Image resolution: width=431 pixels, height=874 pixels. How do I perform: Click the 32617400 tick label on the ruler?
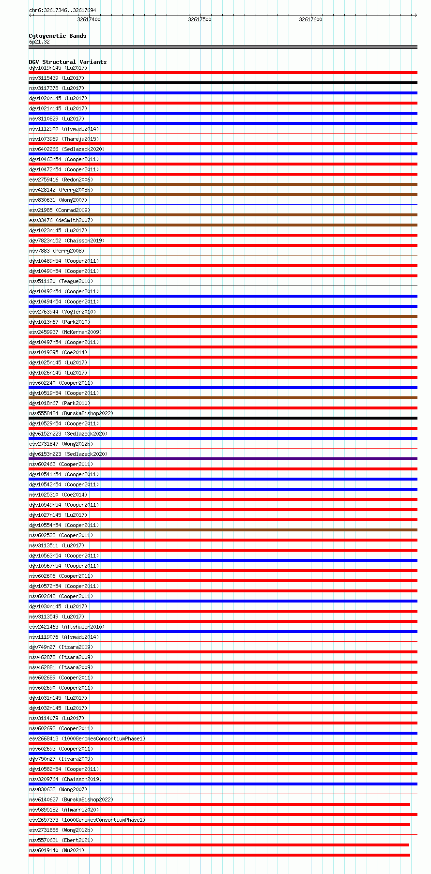[89, 19]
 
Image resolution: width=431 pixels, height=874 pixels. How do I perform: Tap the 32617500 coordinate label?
[200, 19]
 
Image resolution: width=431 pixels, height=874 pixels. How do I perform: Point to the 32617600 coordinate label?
[310, 19]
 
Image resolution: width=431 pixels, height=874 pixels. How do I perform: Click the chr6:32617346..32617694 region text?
[62, 10]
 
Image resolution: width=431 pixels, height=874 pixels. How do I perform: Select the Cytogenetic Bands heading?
[57, 36]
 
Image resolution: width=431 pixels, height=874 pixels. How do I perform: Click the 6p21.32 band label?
[39, 42]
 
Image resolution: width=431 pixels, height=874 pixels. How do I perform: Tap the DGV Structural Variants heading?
[67, 62]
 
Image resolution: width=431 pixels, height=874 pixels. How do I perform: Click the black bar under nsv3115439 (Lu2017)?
[223, 83]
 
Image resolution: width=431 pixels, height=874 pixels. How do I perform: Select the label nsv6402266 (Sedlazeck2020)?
[66, 149]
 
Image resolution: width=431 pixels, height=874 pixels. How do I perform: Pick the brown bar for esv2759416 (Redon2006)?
[223, 184]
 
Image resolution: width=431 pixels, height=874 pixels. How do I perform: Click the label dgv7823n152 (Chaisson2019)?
[66, 241]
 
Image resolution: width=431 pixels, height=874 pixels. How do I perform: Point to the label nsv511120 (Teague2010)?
[61, 281]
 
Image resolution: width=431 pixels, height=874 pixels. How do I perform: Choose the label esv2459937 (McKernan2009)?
[65, 332]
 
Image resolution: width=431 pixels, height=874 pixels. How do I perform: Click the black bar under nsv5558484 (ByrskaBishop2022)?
[223, 418]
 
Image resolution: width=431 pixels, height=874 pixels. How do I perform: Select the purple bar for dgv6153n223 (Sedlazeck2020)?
[223, 459]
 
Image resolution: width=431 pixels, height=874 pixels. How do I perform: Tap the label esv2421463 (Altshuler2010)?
[66, 627]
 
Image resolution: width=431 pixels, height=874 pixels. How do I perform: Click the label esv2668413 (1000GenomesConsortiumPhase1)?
[87, 738]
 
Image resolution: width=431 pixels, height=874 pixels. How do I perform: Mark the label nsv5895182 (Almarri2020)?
[63, 810]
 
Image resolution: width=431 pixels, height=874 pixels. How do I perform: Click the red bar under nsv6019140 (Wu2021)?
[219, 855]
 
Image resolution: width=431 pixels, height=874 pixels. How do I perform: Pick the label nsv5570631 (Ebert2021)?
[61, 840]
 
